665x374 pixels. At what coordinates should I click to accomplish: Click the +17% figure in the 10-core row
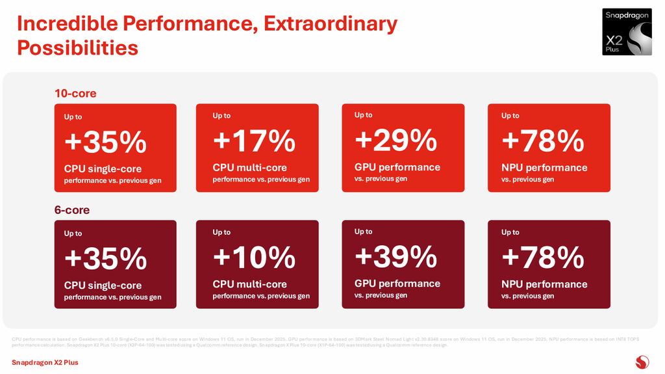[x=254, y=140]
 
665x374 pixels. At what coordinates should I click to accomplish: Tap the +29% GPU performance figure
[x=395, y=140]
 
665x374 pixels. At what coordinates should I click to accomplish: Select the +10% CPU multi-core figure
[x=254, y=257]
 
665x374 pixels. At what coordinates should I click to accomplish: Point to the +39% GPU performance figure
[x=395, y=256]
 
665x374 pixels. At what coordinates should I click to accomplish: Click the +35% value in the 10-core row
[x=105, y=142]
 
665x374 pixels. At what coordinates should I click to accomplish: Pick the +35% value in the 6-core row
[x=105, y=258]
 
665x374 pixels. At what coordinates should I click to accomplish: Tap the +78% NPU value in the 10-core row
[x=543, y=140]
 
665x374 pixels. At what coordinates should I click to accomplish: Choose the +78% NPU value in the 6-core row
[x=543, y=257]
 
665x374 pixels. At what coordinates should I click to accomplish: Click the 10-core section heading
[x=75, y=94]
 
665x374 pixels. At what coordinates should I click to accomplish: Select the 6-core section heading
[x=72, y=210]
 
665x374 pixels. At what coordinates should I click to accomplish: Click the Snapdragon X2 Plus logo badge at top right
[x=626, y=32]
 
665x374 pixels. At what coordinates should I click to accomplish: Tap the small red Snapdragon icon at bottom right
[x=642, y=362]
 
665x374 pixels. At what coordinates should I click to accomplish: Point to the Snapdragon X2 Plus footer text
[x=45, y=362]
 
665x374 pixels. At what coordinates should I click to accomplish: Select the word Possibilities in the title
[x=77, y=48]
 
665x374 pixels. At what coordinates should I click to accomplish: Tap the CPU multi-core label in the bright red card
[x=249, y=168]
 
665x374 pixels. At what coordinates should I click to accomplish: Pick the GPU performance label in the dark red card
[x=397, y=284]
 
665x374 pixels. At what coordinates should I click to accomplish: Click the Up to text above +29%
[x=363, y=115]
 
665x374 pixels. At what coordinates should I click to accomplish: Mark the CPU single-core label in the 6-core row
[x=103, y=285]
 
